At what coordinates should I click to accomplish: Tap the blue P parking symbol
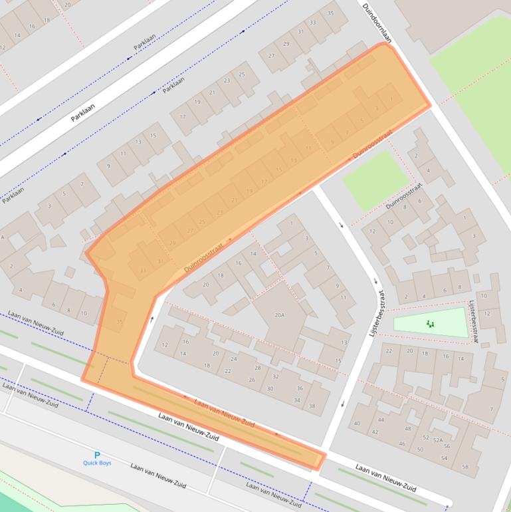pyautogui.click(x=97, y=455)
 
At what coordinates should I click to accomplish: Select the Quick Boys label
pyautogui.click(x=97, y=463)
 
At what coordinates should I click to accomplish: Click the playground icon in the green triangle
pyautogui.click(x=431, y=324)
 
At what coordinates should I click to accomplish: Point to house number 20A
pyautogui.click(x=279, y=315)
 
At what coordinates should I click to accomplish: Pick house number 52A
pyautogui.click(x=437, y=440)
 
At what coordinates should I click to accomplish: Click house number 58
pyautogui.click(x=464, y=467)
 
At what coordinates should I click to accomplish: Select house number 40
pyautogui.click(x=357, y=424)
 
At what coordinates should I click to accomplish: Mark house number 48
pyautogui.click(x=407, y=428)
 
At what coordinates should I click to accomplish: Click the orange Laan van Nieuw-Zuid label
pyautogui.click(x=224, y=413)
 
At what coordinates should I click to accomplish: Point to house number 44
pyautogui.click(x=381, y=420)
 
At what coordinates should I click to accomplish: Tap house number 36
pyautogui.click(x=300, y=388)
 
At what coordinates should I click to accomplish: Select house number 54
pyautogui.click(x=444, y=458)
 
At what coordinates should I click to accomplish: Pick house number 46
pyautogui.click(x=402, y=444)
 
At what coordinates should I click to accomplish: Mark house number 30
pyautogui.click(x=270, y=388)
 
